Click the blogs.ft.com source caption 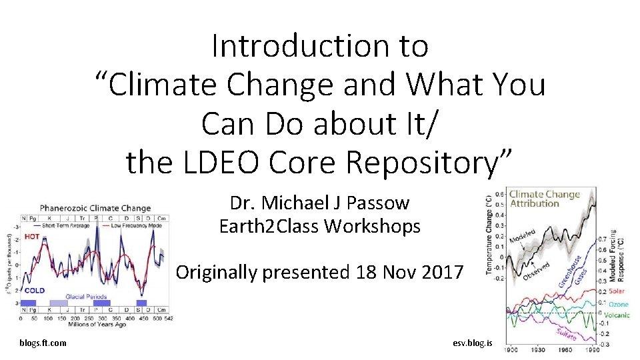coord(43,343)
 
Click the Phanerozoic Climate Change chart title coord(95,209)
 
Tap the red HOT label coord(32,236)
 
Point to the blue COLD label coord(35,291)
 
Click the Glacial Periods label coord(86,296)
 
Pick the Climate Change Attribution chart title coord(544,199)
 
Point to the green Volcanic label coord(617,315)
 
